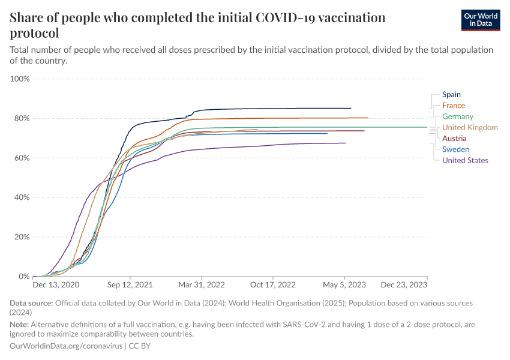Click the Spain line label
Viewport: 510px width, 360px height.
click(451, 95)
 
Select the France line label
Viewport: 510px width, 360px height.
click(453, 106)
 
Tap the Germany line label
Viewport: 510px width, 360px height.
click(457, 116)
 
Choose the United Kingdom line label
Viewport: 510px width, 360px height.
click(470, 127)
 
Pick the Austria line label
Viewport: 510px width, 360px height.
click(454, 139)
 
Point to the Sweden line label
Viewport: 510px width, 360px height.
click(455, 149)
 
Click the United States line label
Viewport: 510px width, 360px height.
click(465, 160)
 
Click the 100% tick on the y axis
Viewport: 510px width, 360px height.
click(19, 79)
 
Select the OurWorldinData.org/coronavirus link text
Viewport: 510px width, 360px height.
click(66, 346)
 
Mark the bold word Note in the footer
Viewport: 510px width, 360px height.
click(20, 325)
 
